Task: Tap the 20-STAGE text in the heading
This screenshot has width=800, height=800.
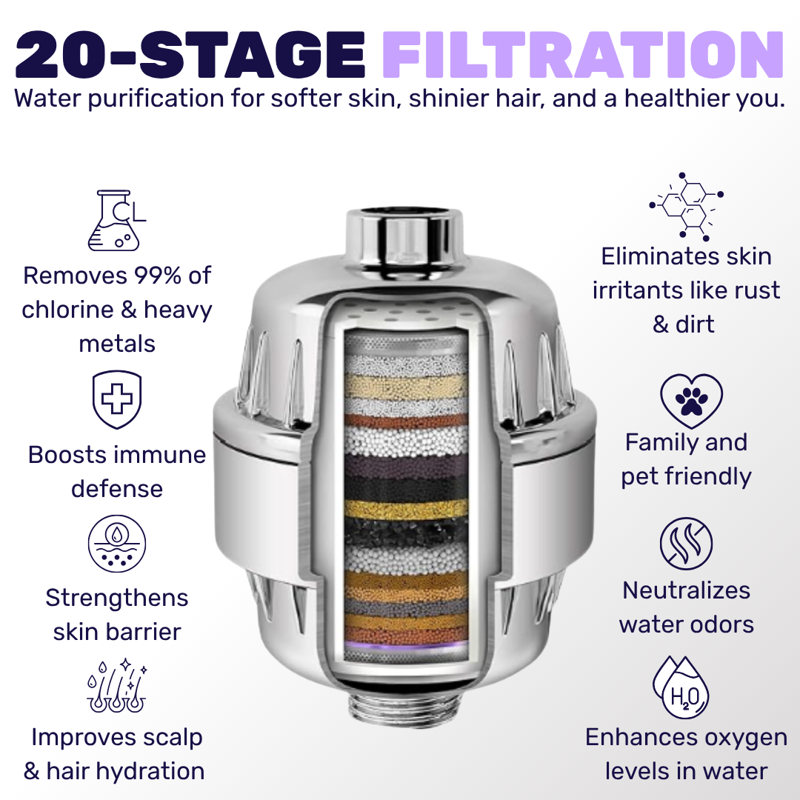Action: click(190, 54)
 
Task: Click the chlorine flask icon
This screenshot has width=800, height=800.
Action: click(117, 221)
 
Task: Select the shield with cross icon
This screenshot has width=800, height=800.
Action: click(117, 399)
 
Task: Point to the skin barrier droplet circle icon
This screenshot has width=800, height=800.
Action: click(117, 544)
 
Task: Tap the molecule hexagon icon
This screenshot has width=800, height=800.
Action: click(686, 207)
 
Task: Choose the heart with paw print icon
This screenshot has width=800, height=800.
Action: click(691, 401)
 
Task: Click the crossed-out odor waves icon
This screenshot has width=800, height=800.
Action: click(686, 544)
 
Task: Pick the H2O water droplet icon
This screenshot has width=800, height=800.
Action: click(681, 687)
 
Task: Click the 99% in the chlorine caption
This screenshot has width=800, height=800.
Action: click(158, 276)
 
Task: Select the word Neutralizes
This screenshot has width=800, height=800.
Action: click(686, 591)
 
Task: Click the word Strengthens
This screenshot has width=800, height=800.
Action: click(117, 599)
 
